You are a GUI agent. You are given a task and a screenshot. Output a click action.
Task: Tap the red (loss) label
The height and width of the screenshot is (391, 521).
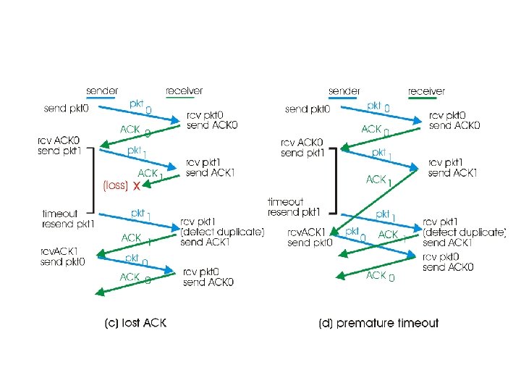pos(116,186)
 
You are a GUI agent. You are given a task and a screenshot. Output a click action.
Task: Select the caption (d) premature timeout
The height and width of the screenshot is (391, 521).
pos(378,323)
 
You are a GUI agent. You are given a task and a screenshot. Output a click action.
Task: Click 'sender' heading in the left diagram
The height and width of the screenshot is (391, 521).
pos(103,91)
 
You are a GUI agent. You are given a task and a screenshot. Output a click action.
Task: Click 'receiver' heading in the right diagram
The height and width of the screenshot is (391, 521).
pos(426,91)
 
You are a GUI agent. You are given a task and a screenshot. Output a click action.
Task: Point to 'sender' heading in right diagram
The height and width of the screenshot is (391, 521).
pos(344,91)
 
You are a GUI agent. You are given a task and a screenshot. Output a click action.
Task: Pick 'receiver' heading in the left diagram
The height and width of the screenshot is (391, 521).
pos(185,91)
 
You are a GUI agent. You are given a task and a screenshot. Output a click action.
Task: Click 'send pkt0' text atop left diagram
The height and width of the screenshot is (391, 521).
pos(67,109)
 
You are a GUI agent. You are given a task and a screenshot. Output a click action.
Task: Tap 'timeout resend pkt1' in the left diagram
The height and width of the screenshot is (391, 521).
pos(68,219)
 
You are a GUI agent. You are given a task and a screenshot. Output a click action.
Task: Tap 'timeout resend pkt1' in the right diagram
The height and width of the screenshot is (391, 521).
pos(295,206)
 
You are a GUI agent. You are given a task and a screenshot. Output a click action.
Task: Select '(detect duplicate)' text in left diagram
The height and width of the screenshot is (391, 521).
pos(223,232)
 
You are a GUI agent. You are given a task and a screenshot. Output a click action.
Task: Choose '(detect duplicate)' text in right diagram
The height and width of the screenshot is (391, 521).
pos(465,232)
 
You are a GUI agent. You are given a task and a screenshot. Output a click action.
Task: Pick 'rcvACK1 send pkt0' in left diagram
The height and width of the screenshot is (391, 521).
pos(62,256)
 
